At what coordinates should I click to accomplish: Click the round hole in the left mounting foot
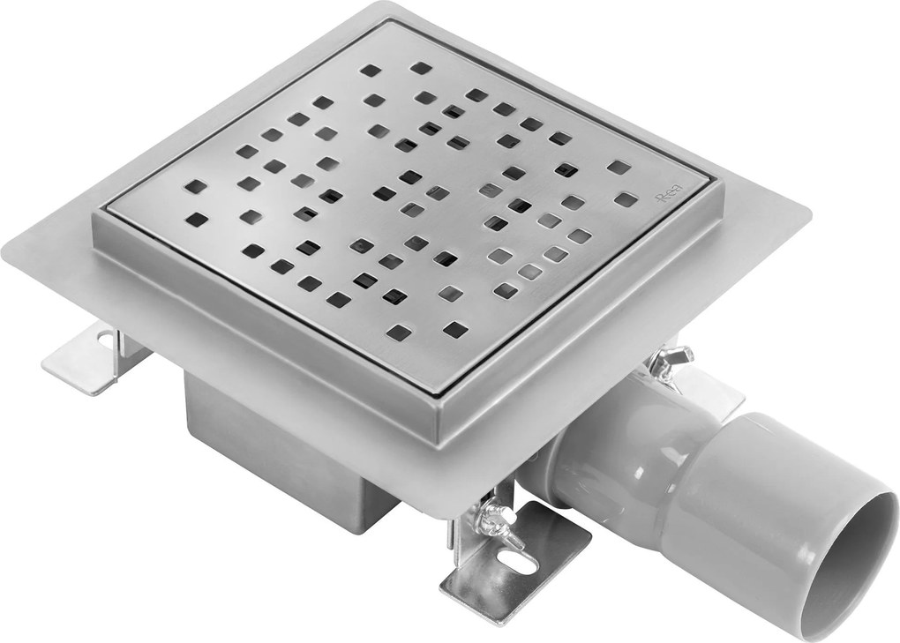click(x=106, y=336)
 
